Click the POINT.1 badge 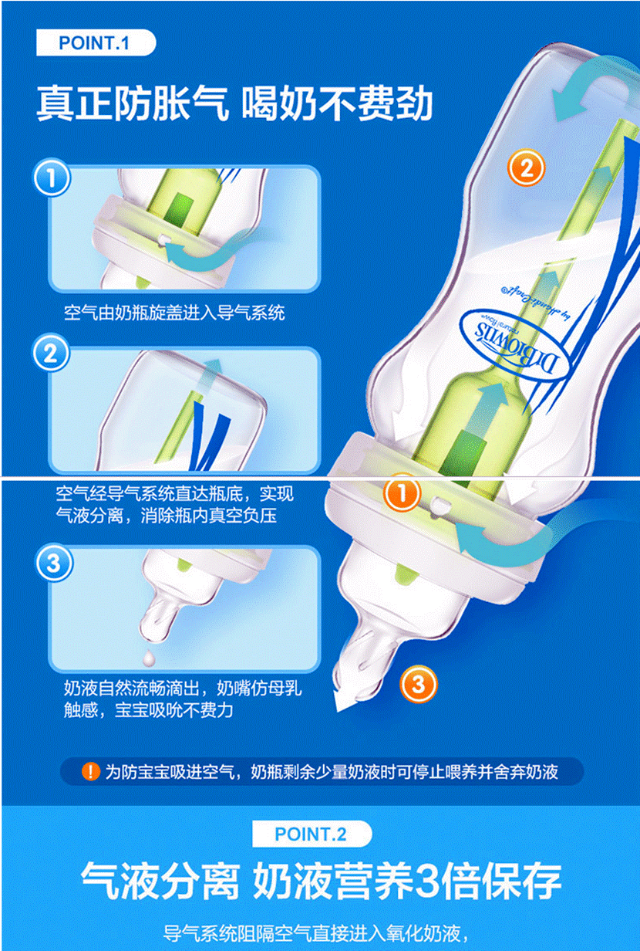[x=96, y=43]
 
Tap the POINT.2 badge [x=312, y=834]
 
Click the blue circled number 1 [x=52, y=178]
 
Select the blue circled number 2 [x=51, y=354]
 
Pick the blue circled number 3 [x=54, y=563]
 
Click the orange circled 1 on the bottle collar [x=402, y=493]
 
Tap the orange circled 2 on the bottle [x=526, y=168]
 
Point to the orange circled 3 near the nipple [x=418, y=685]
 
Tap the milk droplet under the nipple [x=149, y=657]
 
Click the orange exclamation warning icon [x=90, y=771]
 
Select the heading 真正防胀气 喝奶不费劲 [x=234, y=103]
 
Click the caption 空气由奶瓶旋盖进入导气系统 [x=174, y=313]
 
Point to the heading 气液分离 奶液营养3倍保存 [x=321, y=881]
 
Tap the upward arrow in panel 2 [x=211, y=376]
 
